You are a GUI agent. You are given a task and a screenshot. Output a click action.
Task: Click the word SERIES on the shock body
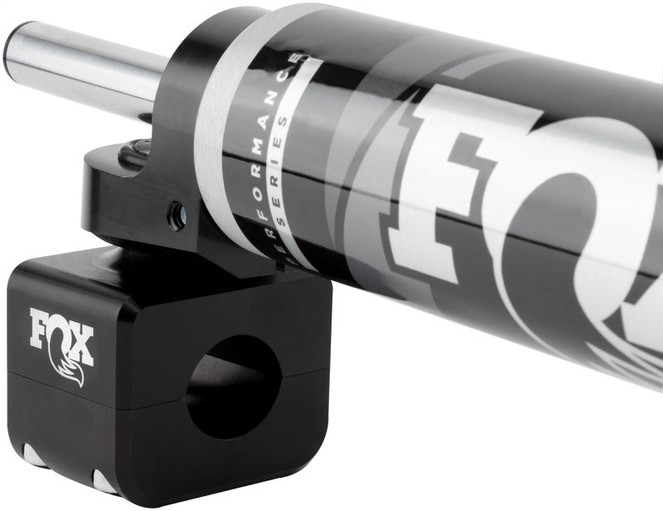[x=285, y=182]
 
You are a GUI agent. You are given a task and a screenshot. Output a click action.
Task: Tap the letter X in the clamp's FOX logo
[x=81, y=348]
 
